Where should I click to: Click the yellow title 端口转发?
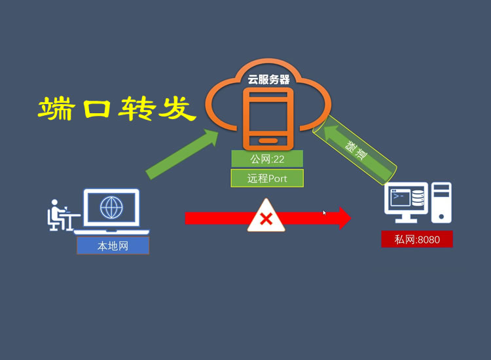coord(117,110)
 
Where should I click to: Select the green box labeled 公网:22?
coord(267,159)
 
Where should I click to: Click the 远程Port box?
coord(267,178)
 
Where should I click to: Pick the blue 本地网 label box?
coord(113,246)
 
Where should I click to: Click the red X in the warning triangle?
coord(266,219)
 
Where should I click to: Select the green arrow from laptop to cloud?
coord(183,154)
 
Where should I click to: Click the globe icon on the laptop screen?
coord(111,207)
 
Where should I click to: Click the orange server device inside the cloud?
coord(267,118)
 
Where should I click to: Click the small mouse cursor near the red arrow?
coord(325,213)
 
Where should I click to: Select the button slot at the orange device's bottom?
coord(267,140)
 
